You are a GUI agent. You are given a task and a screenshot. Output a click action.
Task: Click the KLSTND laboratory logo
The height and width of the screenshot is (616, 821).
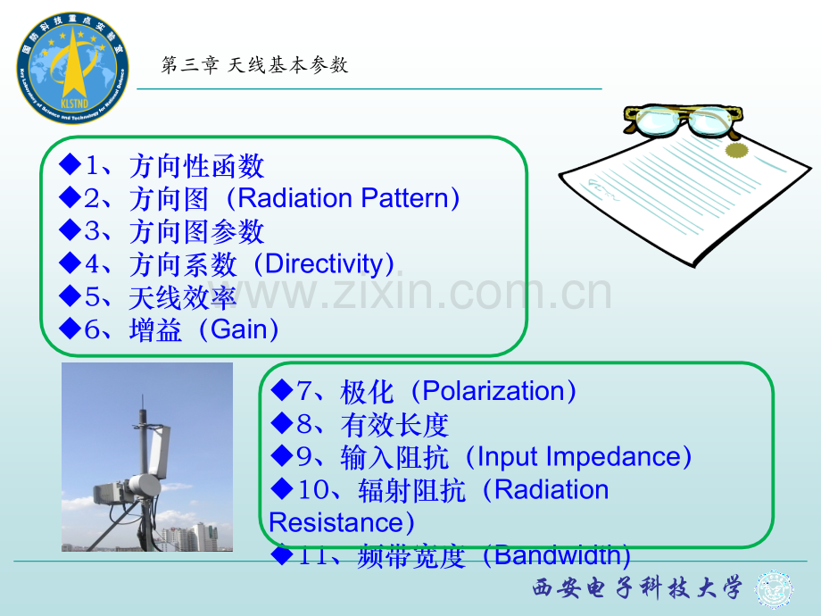point(73,68)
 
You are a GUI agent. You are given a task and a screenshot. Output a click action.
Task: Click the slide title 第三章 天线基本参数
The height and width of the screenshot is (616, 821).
point(254,65)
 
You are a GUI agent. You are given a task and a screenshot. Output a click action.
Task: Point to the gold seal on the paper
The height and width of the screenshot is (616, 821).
point(737,150)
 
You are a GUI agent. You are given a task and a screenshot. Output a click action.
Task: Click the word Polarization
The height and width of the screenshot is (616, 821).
point(493,391)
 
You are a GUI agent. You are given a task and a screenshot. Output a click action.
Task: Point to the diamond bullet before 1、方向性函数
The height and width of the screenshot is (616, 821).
point(70,164)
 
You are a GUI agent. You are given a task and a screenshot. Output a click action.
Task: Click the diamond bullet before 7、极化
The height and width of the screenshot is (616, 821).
point(282,390)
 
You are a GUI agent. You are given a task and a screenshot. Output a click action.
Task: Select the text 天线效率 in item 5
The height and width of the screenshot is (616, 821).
point(183,298)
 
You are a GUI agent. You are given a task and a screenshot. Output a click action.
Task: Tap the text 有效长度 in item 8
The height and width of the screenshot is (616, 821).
point(394,425)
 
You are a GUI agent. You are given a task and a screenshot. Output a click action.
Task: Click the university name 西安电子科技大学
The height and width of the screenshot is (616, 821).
point(637,588)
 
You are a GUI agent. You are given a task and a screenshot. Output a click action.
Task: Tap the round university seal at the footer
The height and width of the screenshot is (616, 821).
point(774,590)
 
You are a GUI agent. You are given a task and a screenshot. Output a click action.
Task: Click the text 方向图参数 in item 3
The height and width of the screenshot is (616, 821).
point(196,231)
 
